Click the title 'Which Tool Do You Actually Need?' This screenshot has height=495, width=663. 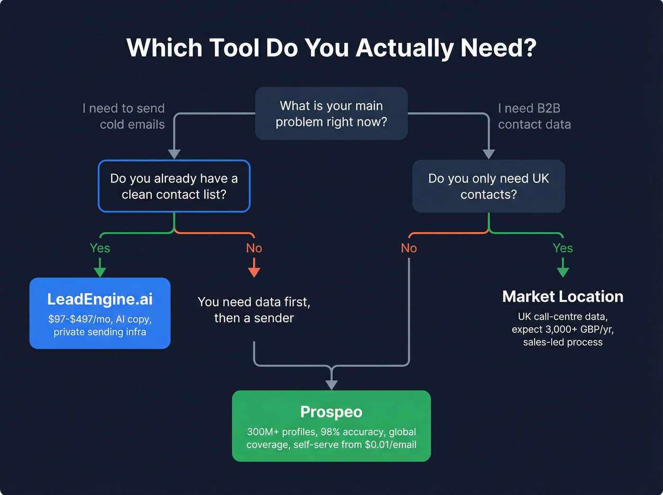point(331,48)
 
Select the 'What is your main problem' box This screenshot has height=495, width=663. point(331,114)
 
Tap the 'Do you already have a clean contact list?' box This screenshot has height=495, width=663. point(174,186)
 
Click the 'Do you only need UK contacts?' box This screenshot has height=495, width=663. point(488,186)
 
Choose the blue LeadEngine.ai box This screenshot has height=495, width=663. point(100,313)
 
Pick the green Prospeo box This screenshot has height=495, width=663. point(331,426)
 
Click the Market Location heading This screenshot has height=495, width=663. point(563,297)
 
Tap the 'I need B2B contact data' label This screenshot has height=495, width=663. point(534,117)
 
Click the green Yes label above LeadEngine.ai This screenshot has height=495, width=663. point(100,248)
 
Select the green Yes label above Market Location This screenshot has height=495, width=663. point(563,248)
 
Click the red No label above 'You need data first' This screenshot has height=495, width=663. point(254,248)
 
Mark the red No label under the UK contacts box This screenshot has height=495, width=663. point(409,248)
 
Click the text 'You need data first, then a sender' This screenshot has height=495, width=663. point(254,310)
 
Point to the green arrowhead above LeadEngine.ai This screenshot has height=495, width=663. point(100,271)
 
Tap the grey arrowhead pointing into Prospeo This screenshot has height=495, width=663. point(331,385)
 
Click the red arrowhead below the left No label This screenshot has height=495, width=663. point(254,271)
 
